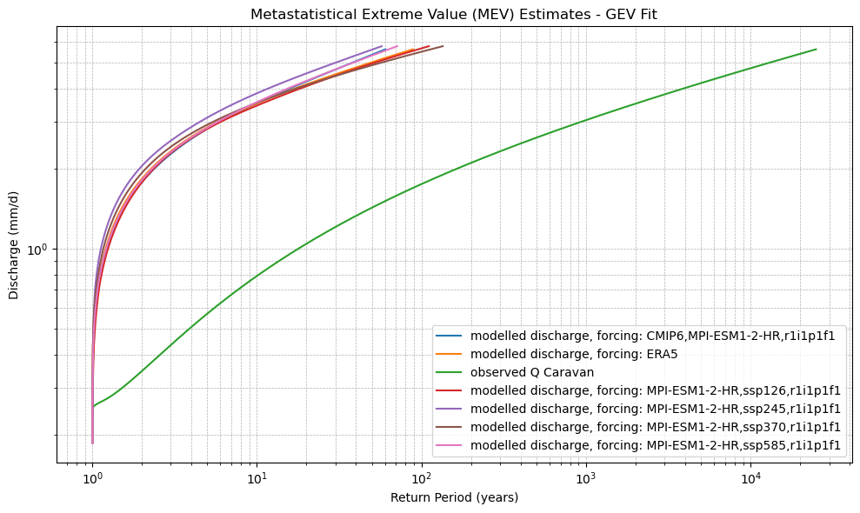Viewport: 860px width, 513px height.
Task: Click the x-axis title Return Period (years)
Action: [454, 497]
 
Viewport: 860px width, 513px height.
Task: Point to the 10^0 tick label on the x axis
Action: [92, 479]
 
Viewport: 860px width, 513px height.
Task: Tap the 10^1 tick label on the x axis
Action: [256, 479]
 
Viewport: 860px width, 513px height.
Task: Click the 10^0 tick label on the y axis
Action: [40, 250]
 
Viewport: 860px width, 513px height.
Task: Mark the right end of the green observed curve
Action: [816, 50]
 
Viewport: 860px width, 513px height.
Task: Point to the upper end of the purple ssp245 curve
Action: [382, 46]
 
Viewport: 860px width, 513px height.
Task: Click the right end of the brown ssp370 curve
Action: [443, 46]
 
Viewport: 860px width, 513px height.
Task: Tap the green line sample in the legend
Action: [450, 371]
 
